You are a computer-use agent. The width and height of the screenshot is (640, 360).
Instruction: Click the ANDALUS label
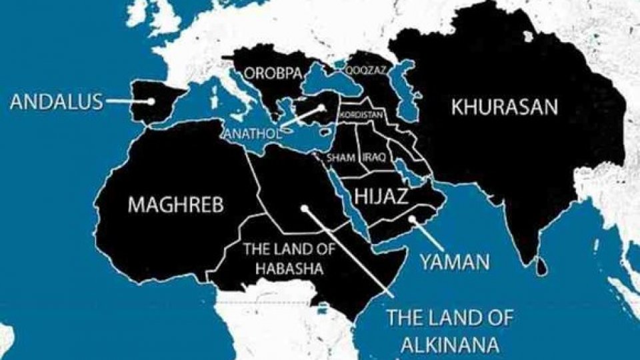pos(57,102)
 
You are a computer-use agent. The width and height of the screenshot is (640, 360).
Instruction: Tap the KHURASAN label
pos(505,107)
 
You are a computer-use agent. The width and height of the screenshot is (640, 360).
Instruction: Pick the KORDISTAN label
pos(361,115)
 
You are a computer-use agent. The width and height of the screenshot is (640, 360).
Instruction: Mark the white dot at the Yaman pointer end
pos(413,218)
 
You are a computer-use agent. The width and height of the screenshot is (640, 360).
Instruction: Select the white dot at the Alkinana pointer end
pos(303,207)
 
